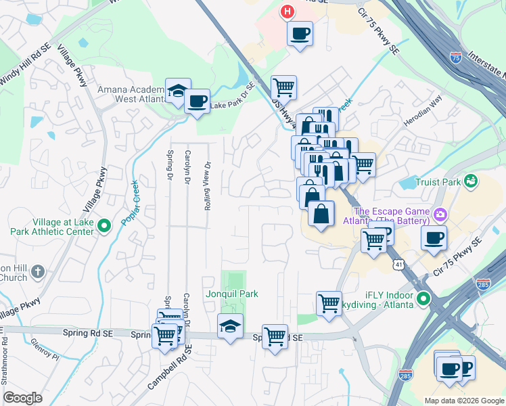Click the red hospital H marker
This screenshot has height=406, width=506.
[x=288, y=12]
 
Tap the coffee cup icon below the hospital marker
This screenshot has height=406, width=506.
[x=300, y=33]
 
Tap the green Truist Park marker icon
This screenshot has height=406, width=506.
[x=471, y=181]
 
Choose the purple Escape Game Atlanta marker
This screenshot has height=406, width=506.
[x=441, y=215]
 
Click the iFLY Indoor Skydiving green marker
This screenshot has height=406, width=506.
[x=423, y=298]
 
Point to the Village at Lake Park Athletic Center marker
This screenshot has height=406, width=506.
[x=104, y=225]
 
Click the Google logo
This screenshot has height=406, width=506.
[x=23, y=398]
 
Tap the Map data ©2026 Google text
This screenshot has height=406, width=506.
[x=463, y=401]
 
